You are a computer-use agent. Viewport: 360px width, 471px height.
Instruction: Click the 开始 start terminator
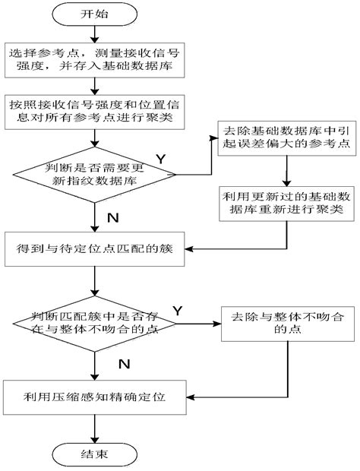click(x=93, y=14)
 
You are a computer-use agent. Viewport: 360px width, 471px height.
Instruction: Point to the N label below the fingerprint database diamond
click(x=112, y=196)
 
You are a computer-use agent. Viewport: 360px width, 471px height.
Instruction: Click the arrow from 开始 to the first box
click(x=93, y=33)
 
